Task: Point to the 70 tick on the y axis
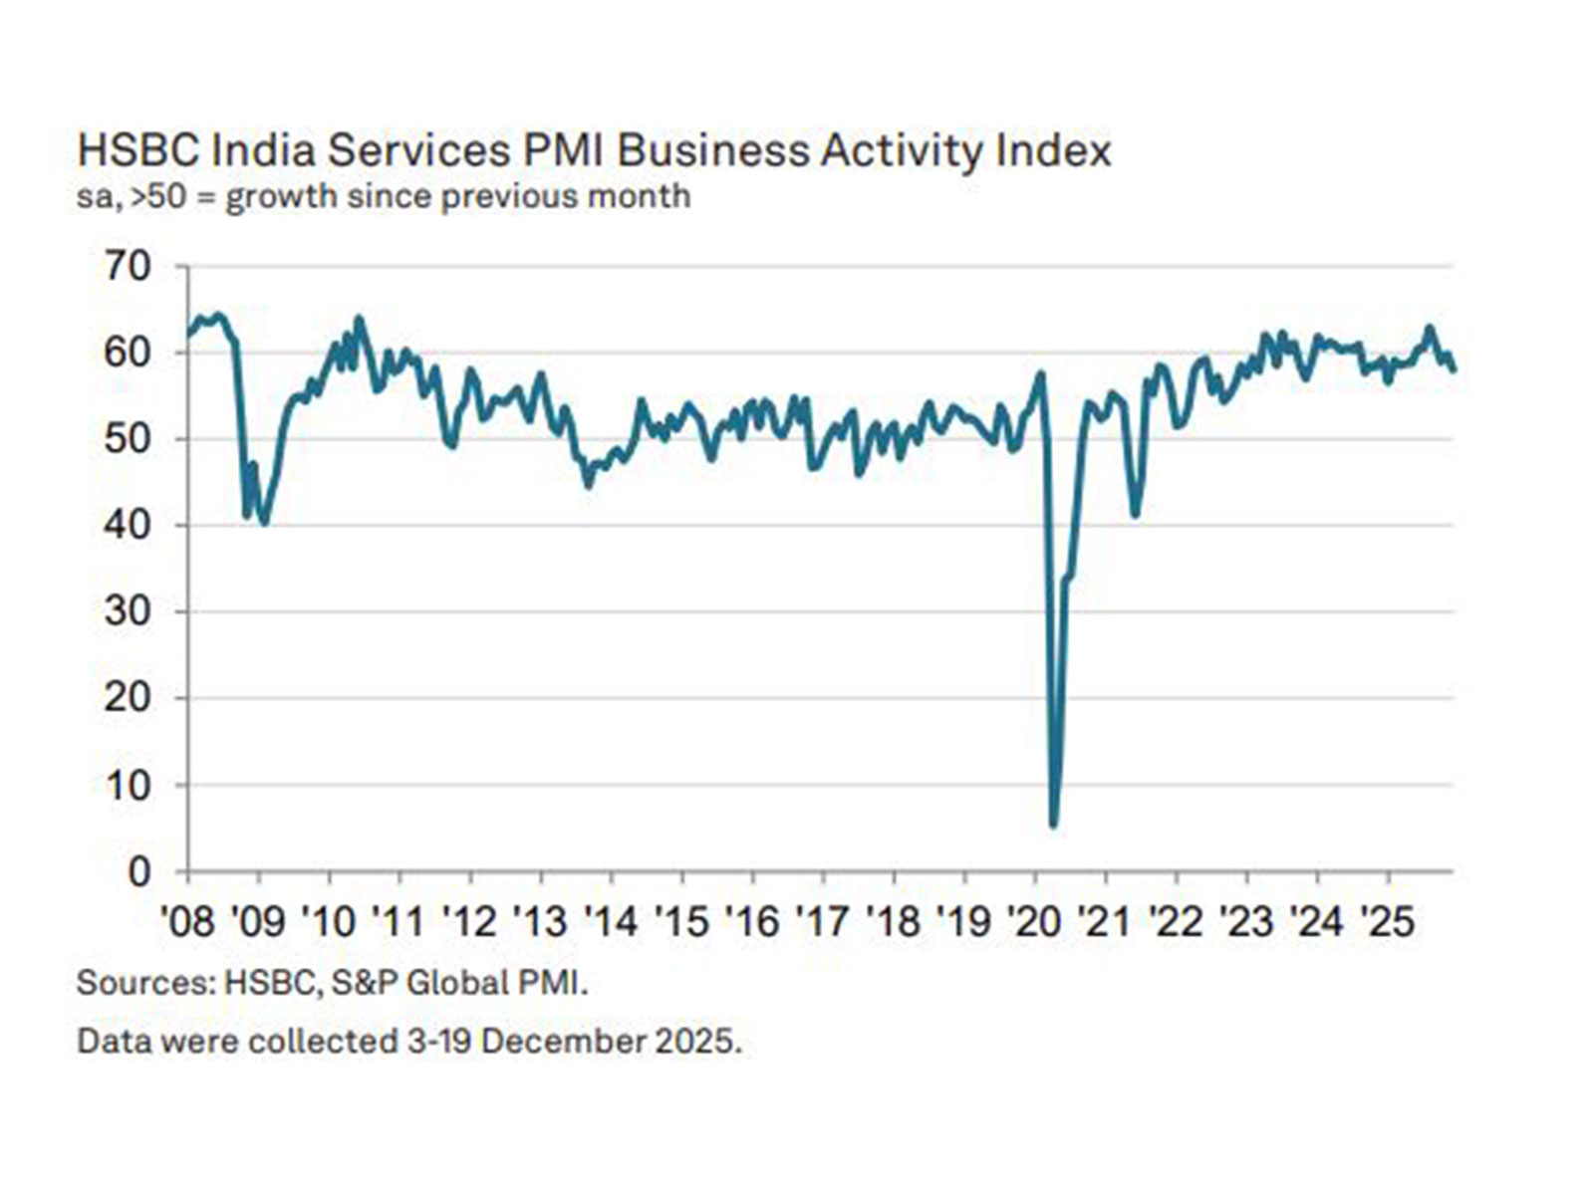128,267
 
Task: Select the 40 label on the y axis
128,526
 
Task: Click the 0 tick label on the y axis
139,872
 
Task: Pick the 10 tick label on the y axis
128,786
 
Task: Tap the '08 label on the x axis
187,922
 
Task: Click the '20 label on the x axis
1035,922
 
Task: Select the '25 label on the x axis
1388,922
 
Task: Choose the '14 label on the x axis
611,922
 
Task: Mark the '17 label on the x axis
823,922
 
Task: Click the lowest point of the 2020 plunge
1053,825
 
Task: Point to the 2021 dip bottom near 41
1135,515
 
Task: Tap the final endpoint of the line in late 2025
1454,370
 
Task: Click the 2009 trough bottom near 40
263,522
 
